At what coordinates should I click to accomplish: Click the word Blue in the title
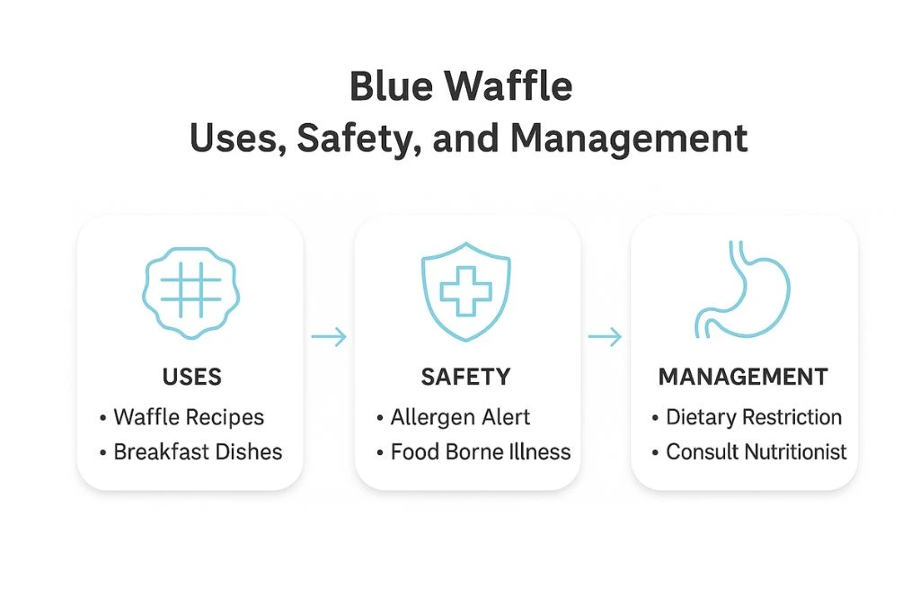coord(392,88)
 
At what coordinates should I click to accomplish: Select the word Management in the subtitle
coord(629,139)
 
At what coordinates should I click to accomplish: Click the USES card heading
coord(191,376)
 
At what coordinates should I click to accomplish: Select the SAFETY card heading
coord(465,376)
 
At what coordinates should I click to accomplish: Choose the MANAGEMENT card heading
coord(743,376)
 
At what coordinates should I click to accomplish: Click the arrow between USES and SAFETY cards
coord(329,337)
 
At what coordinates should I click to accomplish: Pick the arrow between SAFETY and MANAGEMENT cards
coord(605,337)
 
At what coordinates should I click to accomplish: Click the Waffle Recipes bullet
coord(189,417)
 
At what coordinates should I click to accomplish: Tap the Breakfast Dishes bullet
coord(198,451)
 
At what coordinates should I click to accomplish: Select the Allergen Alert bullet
coord(460,417)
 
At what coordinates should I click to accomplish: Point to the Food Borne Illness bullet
coord(480,451)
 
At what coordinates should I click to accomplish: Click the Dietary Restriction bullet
coord(753,417)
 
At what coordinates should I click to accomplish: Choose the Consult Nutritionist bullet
coord(756,451)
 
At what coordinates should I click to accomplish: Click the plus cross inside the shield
coord(466,293)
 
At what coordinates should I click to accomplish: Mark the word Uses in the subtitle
coord(230,139)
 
